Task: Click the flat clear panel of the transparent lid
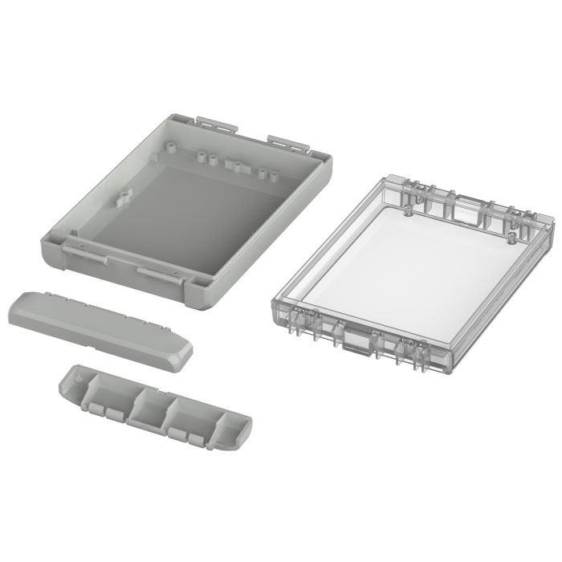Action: [409, 265]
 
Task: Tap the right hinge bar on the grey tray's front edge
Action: [165, 276]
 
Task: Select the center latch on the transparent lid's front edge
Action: [356, 341]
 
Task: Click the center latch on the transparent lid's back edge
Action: [462, 207]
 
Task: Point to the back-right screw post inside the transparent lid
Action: [511, 236]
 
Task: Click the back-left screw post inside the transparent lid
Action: [407, 210]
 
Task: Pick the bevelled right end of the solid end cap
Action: [181, 357]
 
